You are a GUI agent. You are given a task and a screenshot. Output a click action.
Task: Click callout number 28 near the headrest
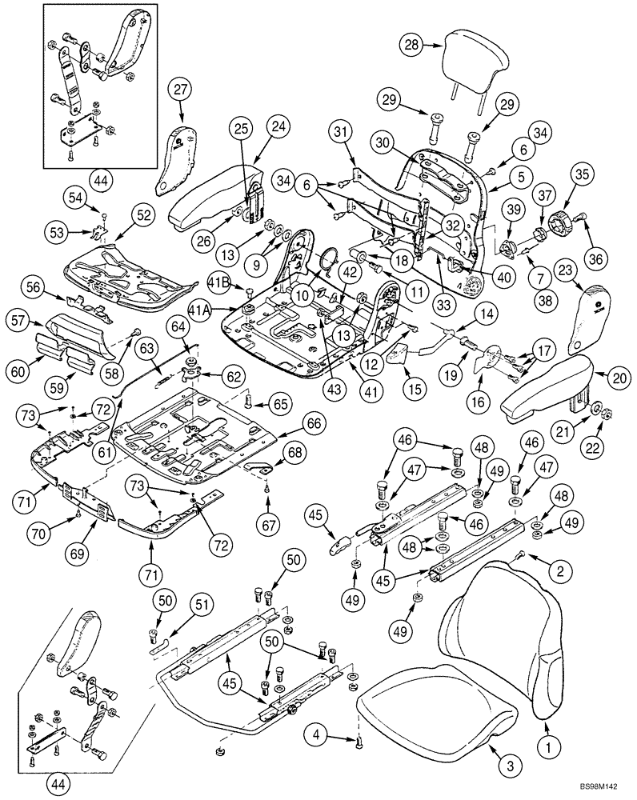pyautogui.click(x=412, y=46)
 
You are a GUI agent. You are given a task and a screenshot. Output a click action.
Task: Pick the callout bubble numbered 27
pyautogui.click(x=179, y=90)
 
